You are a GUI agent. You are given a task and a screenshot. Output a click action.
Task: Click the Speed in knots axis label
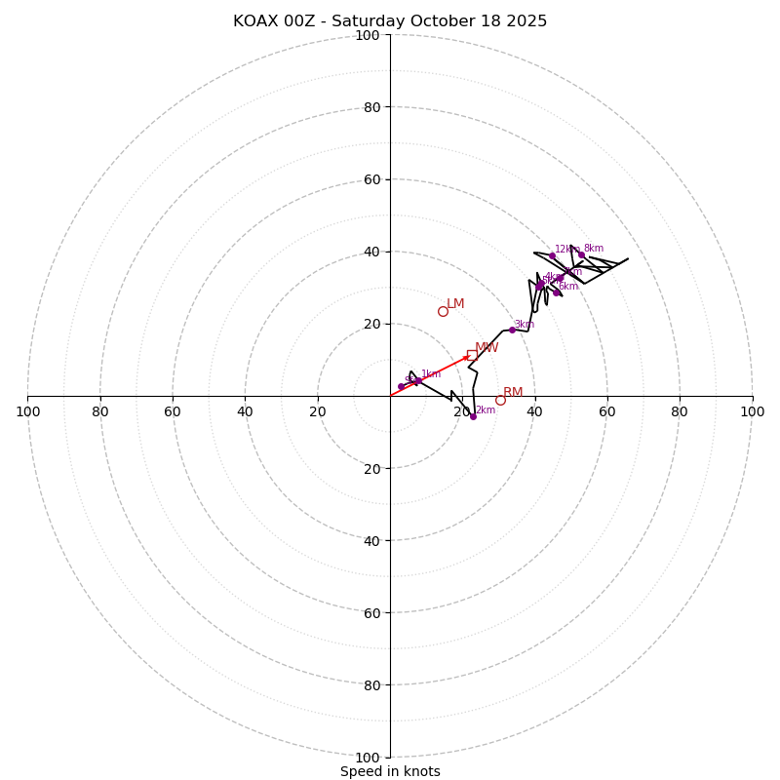(x=390, y=771)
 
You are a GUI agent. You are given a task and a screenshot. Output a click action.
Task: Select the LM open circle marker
(x=443, y=311)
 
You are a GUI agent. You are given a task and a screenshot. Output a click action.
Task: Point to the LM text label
(x=455, y=304)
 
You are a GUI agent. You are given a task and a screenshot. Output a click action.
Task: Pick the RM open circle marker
(x=500, y=400)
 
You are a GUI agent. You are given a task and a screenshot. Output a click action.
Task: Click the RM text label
(x=513, y=393)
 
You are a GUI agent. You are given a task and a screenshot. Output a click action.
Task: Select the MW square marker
(x=472, y=355)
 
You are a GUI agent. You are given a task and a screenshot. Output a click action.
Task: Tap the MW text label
(x=487, y=348)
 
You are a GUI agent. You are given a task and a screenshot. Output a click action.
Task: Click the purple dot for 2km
(x=473, y=416)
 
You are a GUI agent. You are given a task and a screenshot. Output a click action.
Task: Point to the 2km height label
(x=486, y=410)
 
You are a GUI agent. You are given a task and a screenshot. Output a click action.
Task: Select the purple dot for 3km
(x=512, y=330)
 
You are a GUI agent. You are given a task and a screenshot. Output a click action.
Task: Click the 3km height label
(x=525, y=325)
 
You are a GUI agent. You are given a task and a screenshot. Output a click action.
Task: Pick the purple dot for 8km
(x=581, y=254)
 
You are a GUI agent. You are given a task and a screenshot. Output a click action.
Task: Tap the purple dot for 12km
(x=552, y=255)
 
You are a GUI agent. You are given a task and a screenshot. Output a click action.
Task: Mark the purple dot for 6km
(x=557, y=292)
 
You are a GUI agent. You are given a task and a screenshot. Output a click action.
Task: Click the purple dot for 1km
(x=418, y=381)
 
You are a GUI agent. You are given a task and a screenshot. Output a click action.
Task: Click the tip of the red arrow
(x=470, y=356)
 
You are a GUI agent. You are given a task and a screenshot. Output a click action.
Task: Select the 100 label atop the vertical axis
(x=368, y=35)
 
